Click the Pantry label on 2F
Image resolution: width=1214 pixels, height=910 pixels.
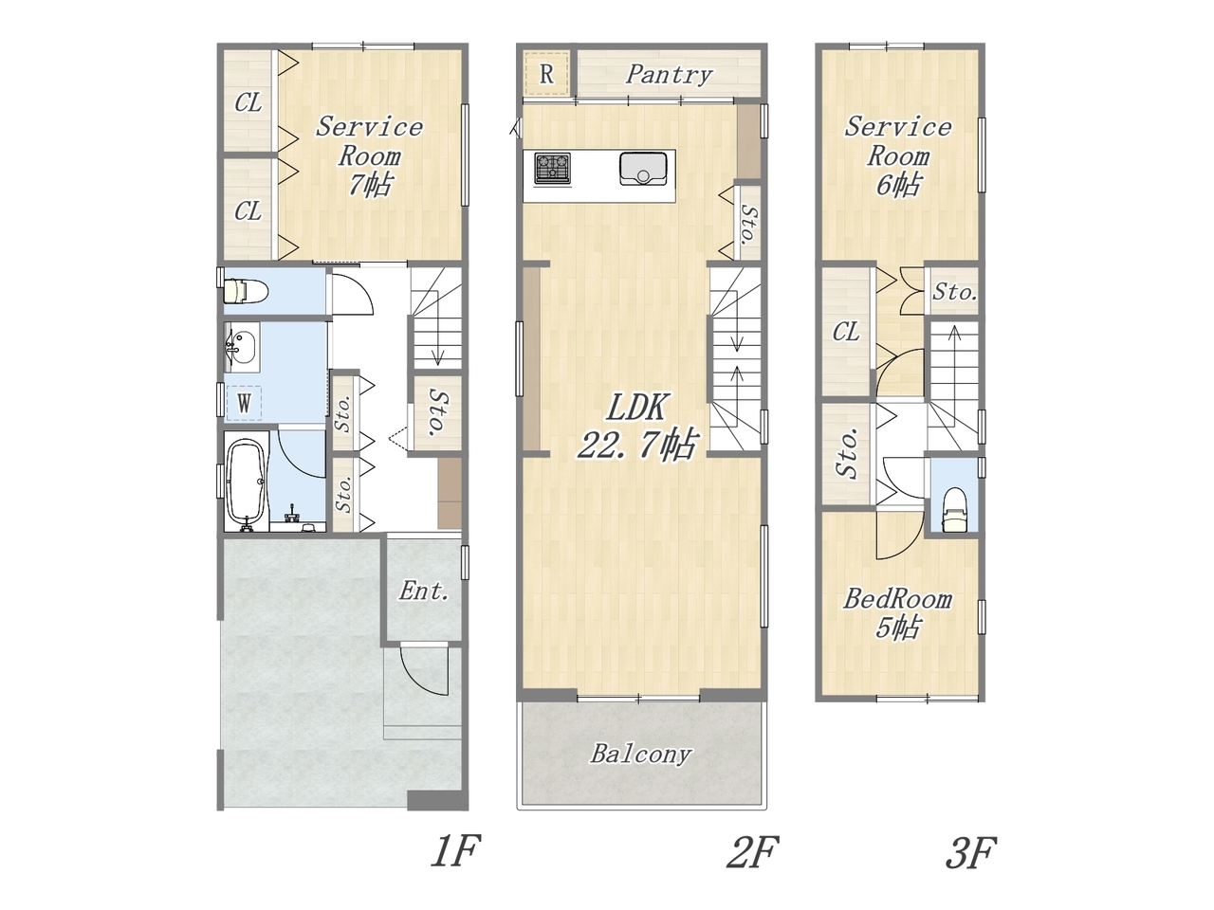(669, 75)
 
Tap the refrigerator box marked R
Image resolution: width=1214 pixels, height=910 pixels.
(546, 74)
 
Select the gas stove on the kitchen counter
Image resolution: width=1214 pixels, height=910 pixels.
(552, 168)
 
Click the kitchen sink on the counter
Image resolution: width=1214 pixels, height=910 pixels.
(643, 169)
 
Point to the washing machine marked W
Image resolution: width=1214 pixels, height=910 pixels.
(244, 403)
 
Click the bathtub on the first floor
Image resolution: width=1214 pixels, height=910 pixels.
(246, 482)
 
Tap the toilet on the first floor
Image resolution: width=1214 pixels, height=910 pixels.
(245, 291)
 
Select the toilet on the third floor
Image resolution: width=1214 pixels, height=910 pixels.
(954, 509)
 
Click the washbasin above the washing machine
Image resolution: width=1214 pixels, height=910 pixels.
(242, 348)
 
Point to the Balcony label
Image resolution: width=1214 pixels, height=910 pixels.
(641, 755)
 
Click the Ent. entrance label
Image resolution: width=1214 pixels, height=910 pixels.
(423, 591)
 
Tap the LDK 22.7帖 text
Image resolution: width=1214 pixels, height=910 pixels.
(637, 426)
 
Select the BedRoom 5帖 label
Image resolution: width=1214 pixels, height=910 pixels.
(897, 613)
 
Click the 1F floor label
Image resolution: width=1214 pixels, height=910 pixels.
(454, 851)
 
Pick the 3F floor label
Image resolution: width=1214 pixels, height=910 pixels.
(970, 852)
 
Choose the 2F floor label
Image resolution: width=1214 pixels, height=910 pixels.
(753, 851)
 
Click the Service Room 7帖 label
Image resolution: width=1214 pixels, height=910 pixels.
(369, 155)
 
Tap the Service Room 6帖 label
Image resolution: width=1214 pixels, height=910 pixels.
(897, 155)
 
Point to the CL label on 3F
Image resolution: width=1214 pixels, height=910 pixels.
(846, 332)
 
